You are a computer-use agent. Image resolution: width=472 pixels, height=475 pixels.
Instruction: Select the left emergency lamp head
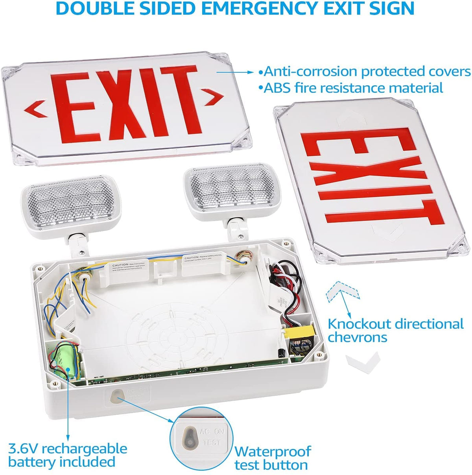coord(71,209)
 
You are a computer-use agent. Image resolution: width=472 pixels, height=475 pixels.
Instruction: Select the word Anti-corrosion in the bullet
coord(311,72)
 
